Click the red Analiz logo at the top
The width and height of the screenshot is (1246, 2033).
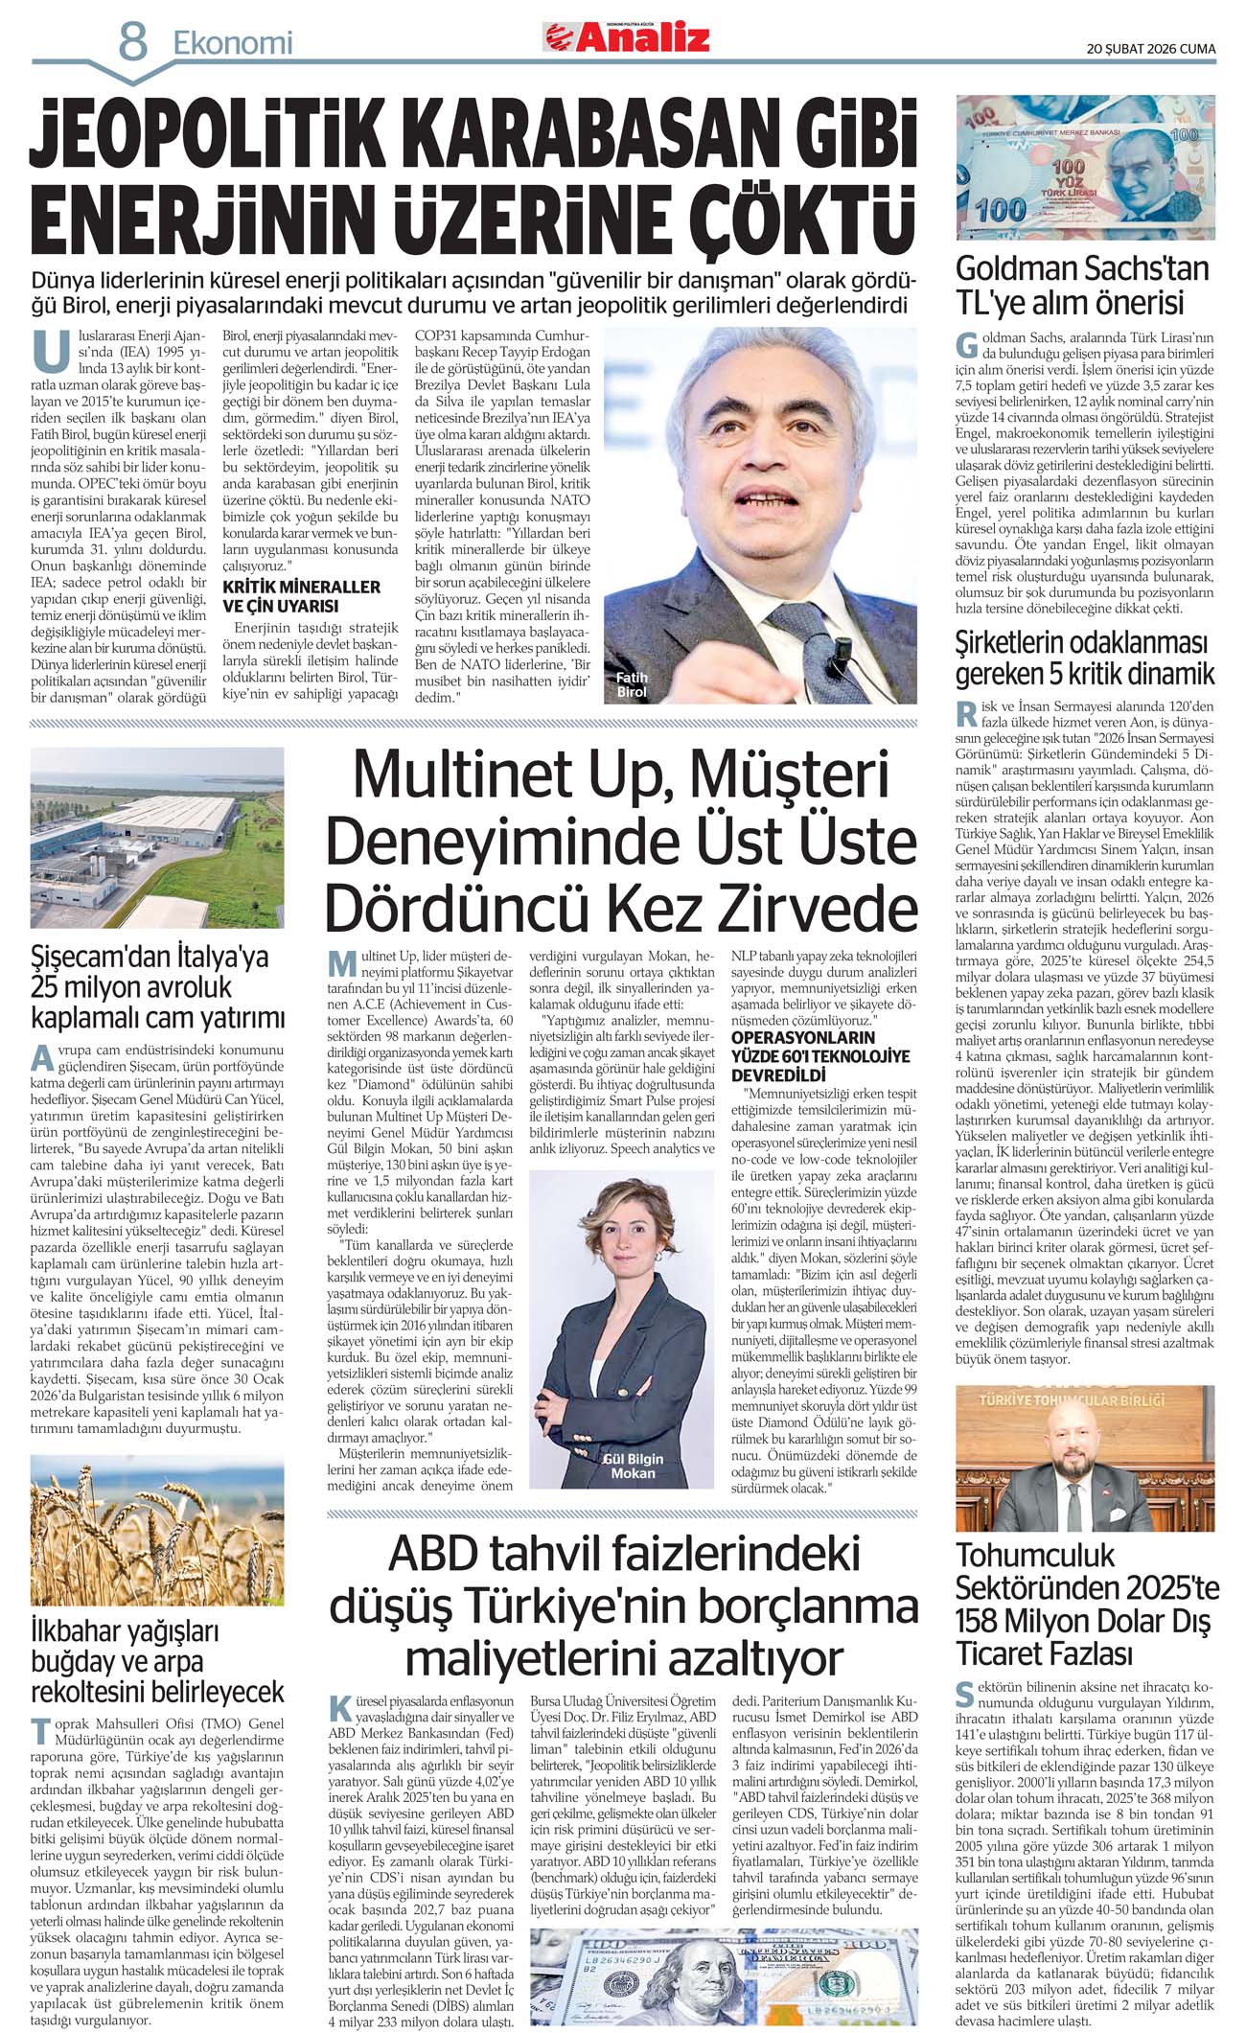click(628, 37)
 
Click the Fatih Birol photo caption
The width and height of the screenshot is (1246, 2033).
click(632, 684)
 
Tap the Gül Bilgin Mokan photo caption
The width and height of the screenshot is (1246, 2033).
click(633, 1466)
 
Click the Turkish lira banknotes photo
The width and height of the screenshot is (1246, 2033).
click(1085, 167)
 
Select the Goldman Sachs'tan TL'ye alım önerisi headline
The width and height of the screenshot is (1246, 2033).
click(1082, 285)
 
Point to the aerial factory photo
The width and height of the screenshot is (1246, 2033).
click(157, 837)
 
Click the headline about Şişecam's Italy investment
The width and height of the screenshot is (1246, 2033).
click(157, 987)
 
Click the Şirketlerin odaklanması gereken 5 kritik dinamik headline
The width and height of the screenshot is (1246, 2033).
click(1084, 658)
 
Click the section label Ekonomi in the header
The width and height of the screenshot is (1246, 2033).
click(232, 43)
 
